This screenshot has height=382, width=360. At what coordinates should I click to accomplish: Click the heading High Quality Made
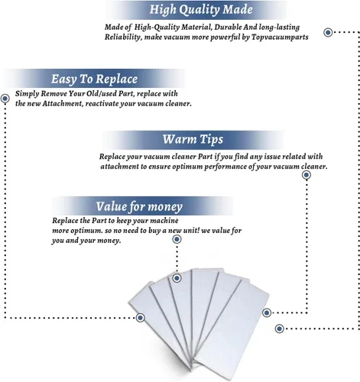pos(201,10)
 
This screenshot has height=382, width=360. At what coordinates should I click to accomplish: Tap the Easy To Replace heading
pos(94,79)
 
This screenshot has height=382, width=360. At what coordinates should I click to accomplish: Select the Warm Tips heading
pos(193,139)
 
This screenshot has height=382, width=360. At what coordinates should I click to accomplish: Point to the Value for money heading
pos(139,206)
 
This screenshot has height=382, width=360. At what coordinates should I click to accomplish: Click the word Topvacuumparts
pos(280,37)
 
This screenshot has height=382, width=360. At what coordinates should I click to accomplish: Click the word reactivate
pos(102,104)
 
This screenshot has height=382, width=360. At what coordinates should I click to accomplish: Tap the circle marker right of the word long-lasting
pos(328,32)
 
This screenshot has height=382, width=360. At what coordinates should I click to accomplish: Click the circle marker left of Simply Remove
pos(5,99)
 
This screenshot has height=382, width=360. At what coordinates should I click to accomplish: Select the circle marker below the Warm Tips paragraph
pos(306,175)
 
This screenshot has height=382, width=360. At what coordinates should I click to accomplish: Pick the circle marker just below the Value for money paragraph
pos(177,239)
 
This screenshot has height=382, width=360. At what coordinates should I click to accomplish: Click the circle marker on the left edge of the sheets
pos(140,318)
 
